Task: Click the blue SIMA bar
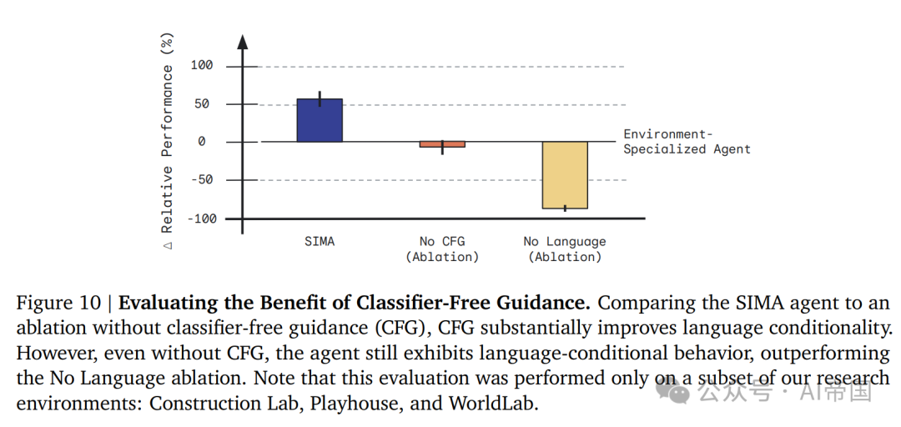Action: click(320, 120)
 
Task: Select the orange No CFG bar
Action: click(442, 144)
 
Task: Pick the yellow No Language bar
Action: click(565, 175)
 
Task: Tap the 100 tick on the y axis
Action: click(202, 66)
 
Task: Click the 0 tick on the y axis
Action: click(202, 142)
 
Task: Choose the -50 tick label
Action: click(202, 180)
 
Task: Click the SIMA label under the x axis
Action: click(320, 242)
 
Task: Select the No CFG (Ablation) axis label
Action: click(442, 249)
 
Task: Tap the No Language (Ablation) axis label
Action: click(565, 249)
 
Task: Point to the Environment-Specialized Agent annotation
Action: click(687, 142)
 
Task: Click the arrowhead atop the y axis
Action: click(243, 41)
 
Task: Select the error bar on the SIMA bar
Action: click(320, 98)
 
